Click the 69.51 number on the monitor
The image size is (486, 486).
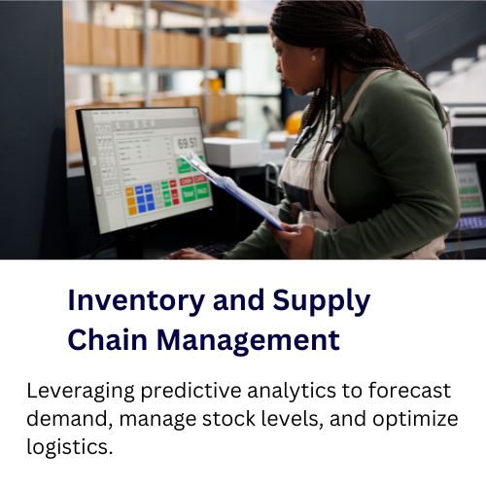click(x=188, y=143)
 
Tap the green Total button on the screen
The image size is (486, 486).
click(x=189, y=194)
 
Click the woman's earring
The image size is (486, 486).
click(x=313, y=57)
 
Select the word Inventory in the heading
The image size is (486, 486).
click(x=136, y=301)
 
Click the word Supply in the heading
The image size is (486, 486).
click(x=322, y=301)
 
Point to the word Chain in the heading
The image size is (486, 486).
click(x=108, y=339)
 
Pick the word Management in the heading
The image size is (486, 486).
click(x=249, y=340)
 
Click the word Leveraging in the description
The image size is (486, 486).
click(x=81, y=391)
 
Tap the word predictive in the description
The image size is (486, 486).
click(x=191, y=391)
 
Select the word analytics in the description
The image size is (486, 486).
click(x=292, y=391)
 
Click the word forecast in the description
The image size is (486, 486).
click(x=409, y=390)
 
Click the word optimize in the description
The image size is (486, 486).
click(x=415, y=419)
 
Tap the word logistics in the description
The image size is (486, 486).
click(x=70, y=447)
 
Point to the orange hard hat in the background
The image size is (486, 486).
click(x=295, y=122)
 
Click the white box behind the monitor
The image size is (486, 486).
click(x=233, y=152)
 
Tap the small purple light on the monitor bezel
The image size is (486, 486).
click(x=211, y=209)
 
